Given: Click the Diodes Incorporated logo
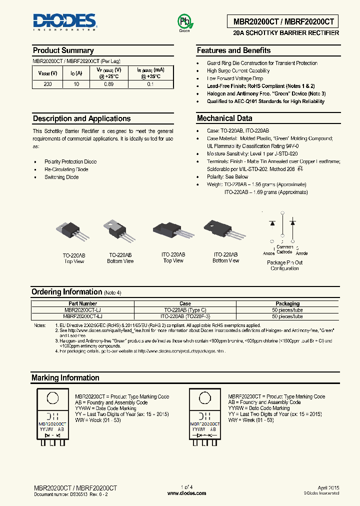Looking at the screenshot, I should pos(64,21).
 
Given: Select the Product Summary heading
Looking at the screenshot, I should pos(63,50).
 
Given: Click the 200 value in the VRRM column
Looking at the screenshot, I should pos(47,84).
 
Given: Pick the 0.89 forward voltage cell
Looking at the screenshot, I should pos(108,84).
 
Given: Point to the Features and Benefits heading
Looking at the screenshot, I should pos(233,50).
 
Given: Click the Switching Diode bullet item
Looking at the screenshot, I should pos(61,177).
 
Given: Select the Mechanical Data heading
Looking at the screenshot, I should pos(224,118).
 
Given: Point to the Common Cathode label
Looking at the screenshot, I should pos(284,249).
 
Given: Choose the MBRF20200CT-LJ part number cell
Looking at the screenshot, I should pos(82,316).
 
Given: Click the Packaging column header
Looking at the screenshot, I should pos(287,303).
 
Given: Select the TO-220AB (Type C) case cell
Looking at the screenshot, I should pos(185,310).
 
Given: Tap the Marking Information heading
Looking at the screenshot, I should pos(65,378).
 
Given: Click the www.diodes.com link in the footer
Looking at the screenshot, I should pos(186,493).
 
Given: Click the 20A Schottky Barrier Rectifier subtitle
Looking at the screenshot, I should pos(286,33).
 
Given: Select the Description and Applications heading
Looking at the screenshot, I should pos(81,118).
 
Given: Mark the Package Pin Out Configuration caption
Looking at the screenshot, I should pos(284,265).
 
